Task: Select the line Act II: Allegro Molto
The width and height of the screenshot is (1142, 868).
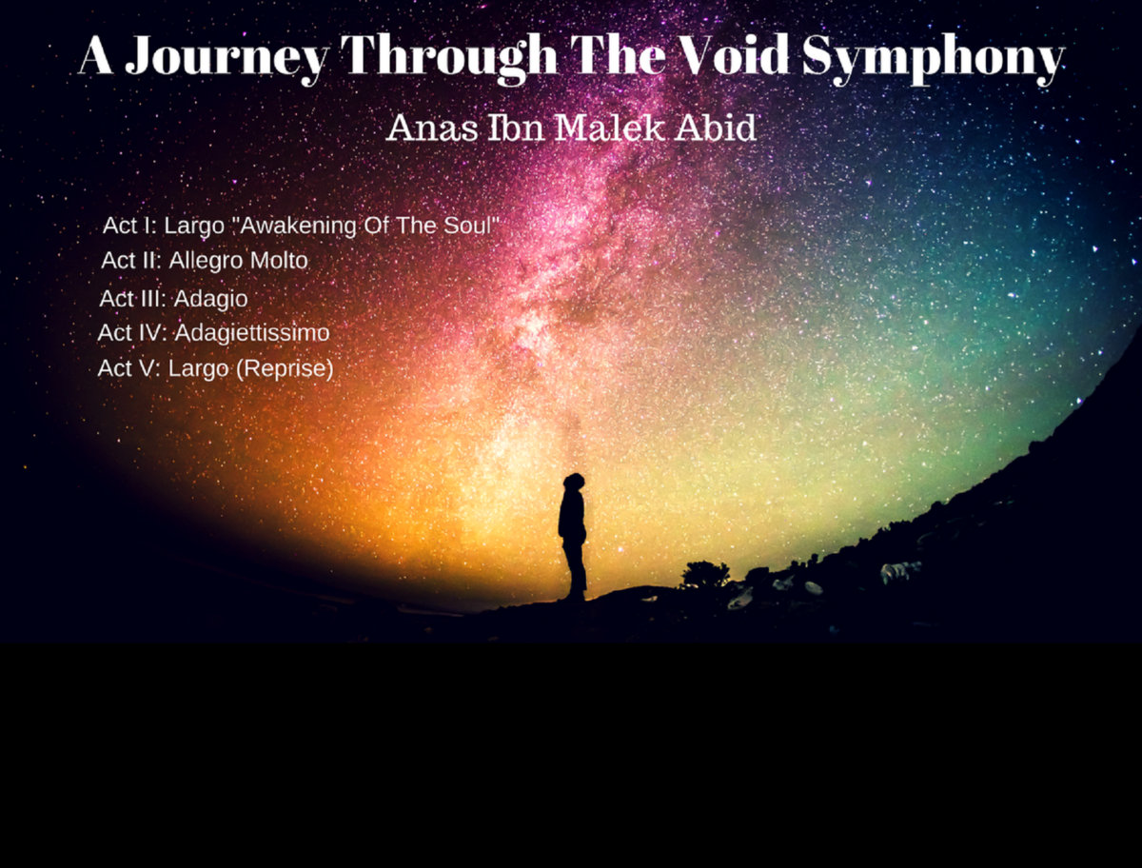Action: [205, 260]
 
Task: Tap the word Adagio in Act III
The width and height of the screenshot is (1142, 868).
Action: [211, 299]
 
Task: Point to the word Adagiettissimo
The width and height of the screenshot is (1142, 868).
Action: [252, 334]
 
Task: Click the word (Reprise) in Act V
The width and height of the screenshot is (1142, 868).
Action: [284, 368]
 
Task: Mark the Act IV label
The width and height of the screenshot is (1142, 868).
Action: [132, 334]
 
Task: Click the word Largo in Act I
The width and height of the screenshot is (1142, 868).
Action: [193, 227]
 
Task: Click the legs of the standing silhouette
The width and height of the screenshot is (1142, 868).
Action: [574, 571]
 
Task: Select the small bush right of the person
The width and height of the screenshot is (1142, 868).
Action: [705, 574]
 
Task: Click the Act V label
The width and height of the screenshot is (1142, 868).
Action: [128, 368]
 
